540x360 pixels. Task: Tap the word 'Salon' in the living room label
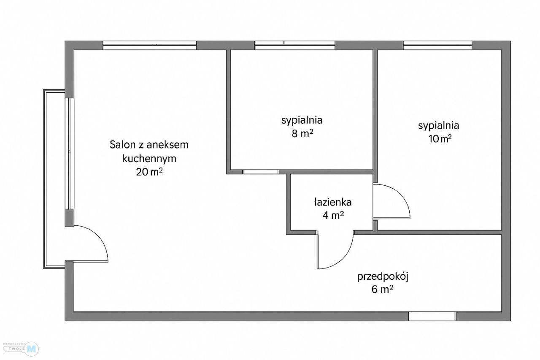point(121,145)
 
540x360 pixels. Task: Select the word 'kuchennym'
point(149,159)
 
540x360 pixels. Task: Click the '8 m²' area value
point(302,134)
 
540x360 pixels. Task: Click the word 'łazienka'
point(332,202)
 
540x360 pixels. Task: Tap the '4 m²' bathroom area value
point(332,216)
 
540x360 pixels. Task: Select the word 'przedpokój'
point(383,277)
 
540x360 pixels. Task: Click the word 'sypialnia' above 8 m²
point(302,120)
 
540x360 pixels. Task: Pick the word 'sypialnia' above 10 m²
point(439,125)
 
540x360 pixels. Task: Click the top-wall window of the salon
point(150,45)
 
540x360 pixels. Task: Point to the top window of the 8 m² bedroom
point(295,45)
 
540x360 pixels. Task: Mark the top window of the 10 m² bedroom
point(437,45)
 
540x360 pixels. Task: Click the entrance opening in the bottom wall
point(432,316)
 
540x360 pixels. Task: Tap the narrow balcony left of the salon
point(54,179)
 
